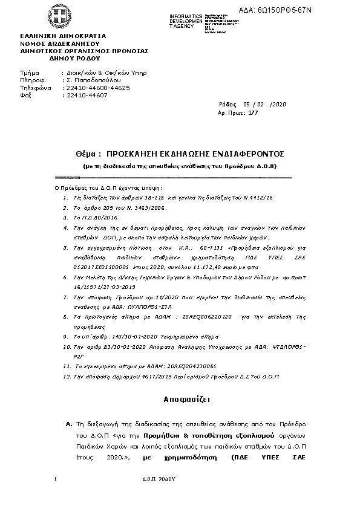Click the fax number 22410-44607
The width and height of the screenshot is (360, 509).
click(x=87, y=95)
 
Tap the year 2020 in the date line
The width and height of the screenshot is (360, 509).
click(x=279, y=105)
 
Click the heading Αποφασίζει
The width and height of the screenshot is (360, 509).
click(x=180, y=400)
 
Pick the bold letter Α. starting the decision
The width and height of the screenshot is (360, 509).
click(x=69, y=426)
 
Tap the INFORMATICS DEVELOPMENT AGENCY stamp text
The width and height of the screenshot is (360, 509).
click(x=186, y=21)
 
